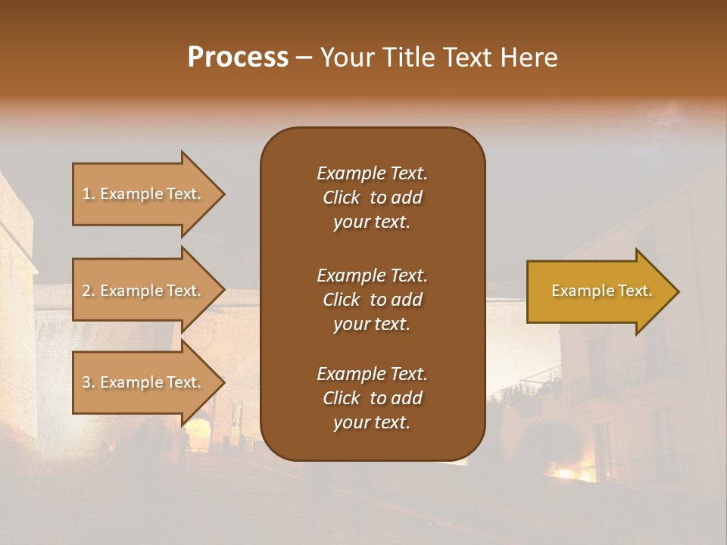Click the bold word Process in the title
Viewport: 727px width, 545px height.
pos(238,58)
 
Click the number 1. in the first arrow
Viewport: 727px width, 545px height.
pos(89,194)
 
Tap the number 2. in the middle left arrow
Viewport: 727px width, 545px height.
pos(89,291)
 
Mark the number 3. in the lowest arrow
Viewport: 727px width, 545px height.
pos(89,382)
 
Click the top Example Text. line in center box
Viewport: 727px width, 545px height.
pos(372,173)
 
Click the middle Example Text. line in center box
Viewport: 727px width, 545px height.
pos(372,275)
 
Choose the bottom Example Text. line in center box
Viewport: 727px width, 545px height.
pos(372,374)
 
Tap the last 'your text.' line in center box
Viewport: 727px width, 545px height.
pos(372,422)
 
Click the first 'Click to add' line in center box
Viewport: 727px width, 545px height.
pos(372,198)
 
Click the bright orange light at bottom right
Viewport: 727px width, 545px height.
pos(564,474)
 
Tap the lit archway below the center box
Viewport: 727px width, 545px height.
pos(198,437)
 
